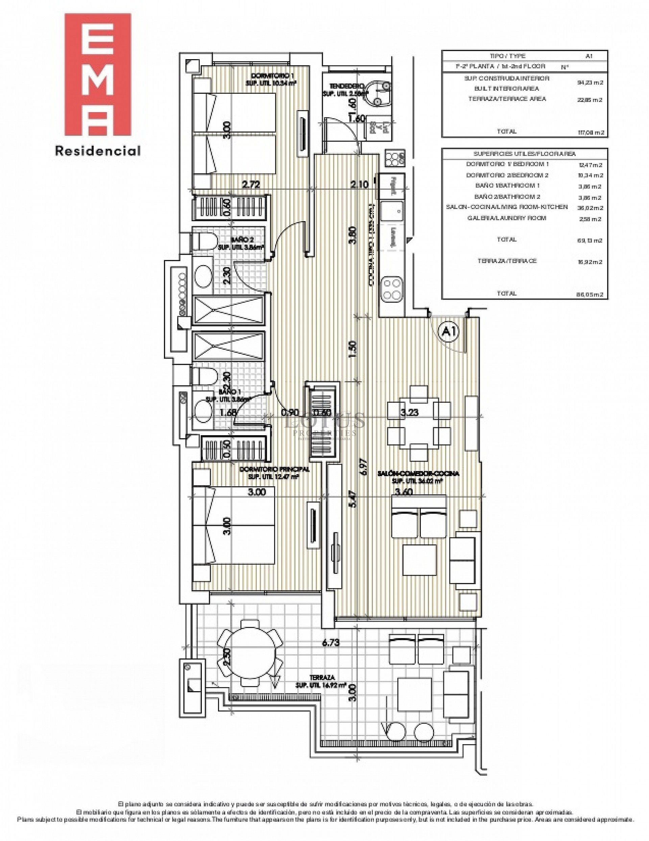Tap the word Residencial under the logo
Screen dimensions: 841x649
[98, 151]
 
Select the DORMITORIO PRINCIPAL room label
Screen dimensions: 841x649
[274, 469]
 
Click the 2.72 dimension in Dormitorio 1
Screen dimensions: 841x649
[250, 184]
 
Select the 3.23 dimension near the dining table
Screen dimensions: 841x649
[409, 413]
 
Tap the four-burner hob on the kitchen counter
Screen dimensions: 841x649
[392, 289]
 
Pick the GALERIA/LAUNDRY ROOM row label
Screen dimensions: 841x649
[507, 218]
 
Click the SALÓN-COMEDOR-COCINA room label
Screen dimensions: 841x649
[418, 474]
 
